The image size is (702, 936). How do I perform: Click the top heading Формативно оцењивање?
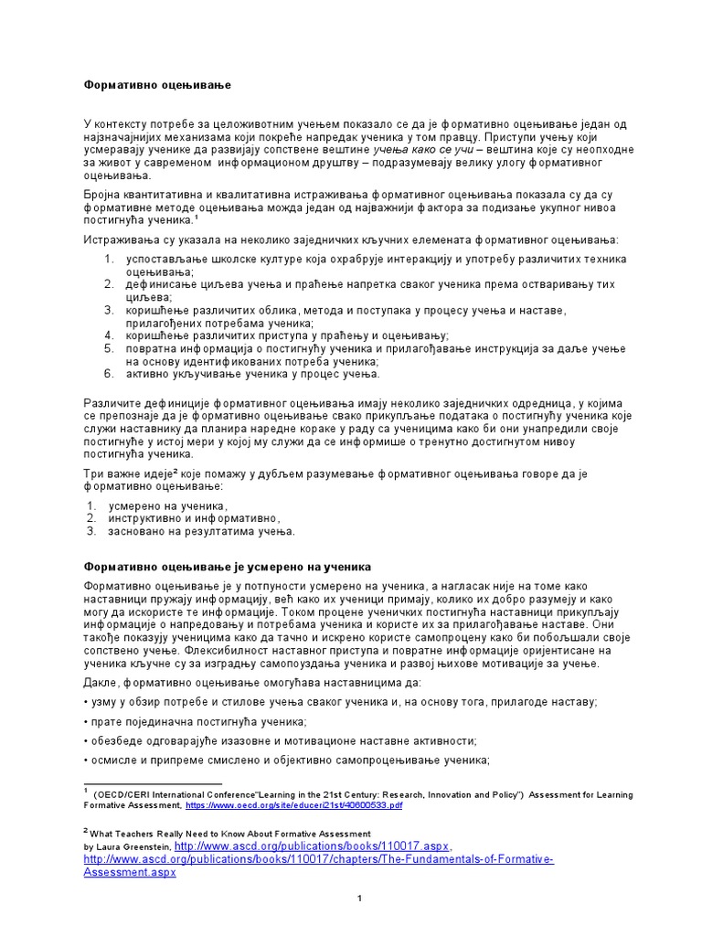[158, 85]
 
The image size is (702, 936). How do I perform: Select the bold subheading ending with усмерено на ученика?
[229, 567]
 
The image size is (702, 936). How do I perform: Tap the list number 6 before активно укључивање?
[108, 374]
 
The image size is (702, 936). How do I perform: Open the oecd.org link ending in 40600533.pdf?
[293, 807]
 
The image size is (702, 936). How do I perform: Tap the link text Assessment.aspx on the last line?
[129, 873]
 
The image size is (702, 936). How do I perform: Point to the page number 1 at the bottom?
[360, 899]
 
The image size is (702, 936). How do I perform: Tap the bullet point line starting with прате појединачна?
[174, 721]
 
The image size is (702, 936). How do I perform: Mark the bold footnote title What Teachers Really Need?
[229, 834]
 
